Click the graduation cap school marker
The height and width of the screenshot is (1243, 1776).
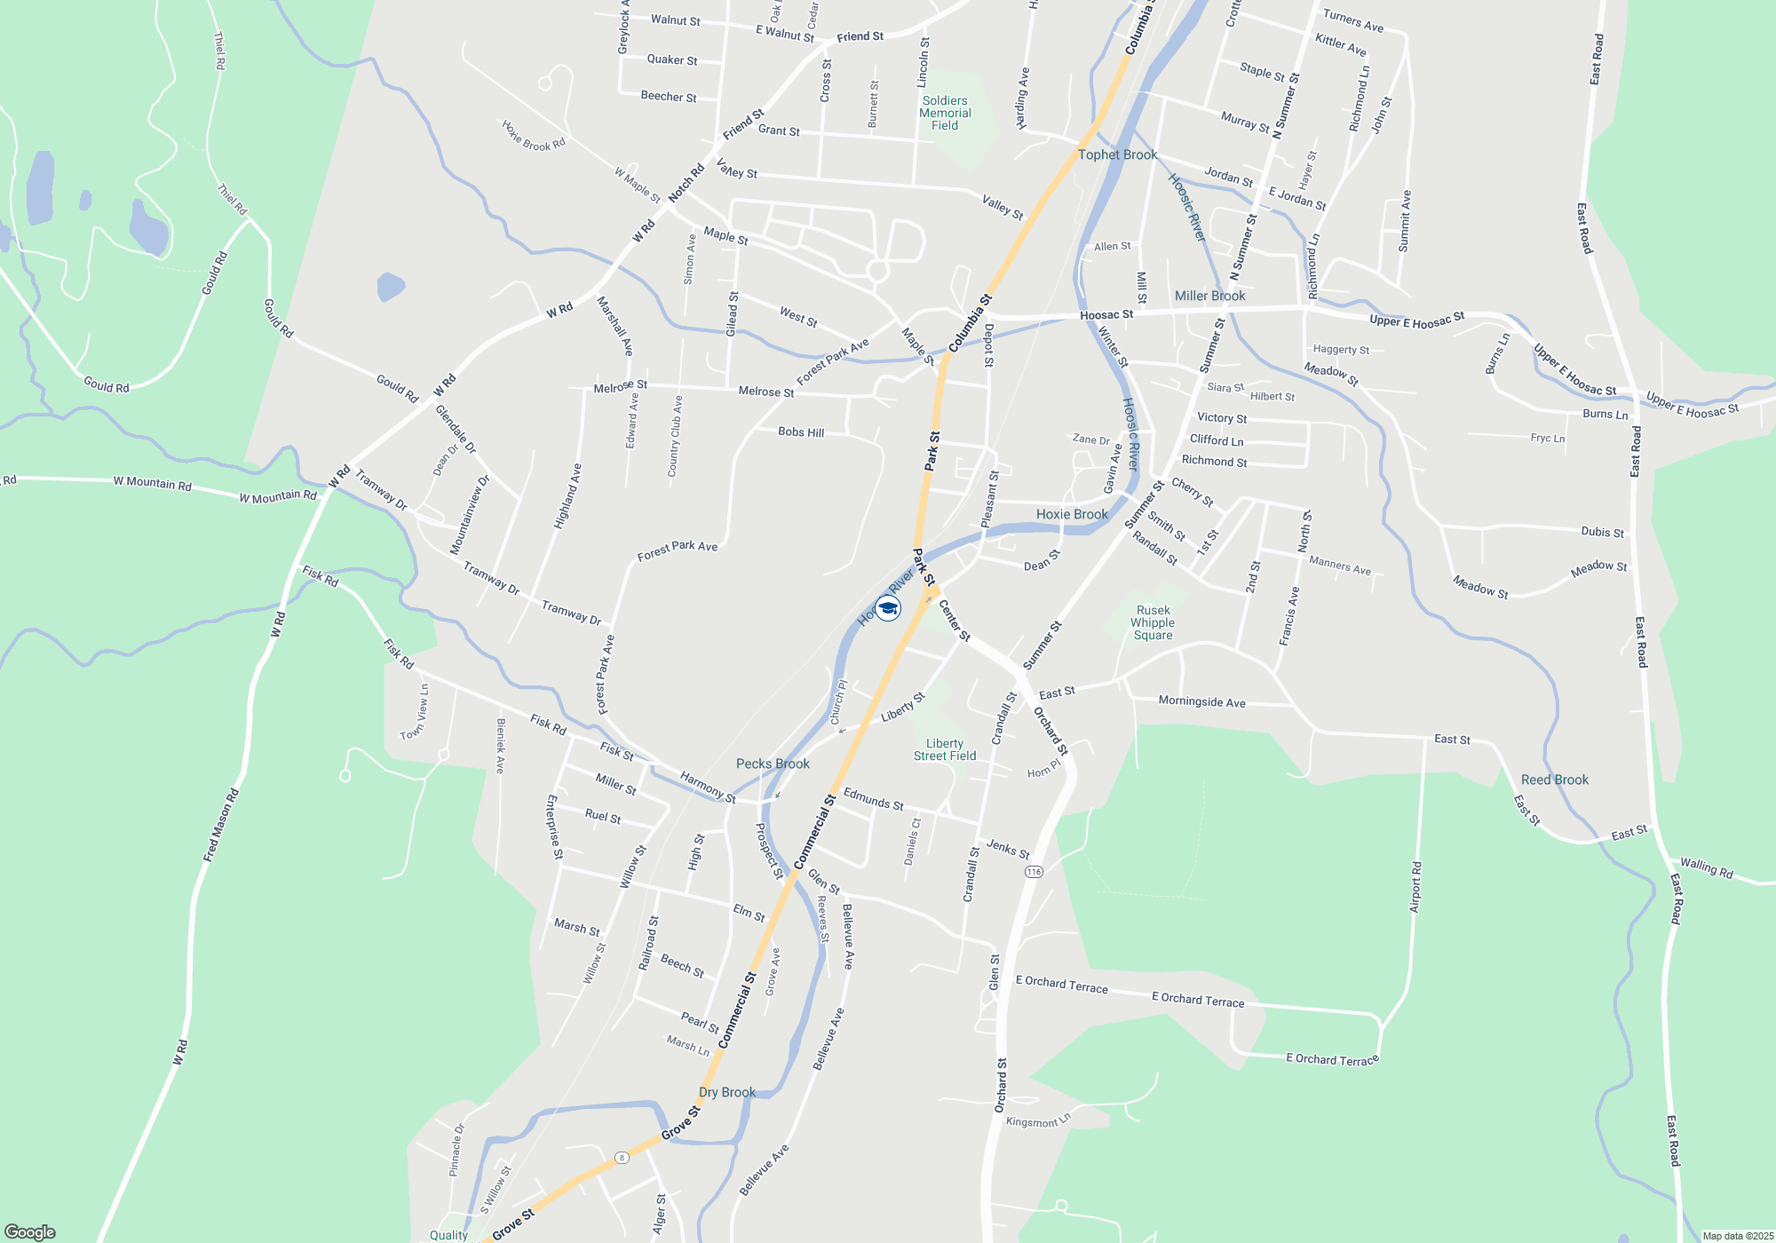888,608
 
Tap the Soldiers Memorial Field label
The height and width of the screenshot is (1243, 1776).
945,113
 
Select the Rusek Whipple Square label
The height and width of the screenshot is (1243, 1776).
1153,622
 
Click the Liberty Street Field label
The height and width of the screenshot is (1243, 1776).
945,749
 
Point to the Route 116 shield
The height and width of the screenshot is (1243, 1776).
1033,872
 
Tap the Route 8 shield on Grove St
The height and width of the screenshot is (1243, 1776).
622,1158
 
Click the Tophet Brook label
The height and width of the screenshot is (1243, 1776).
1117,154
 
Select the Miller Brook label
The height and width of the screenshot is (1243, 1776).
1209,296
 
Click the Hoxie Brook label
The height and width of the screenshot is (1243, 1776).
1072,514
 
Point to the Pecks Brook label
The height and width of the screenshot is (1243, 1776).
773,764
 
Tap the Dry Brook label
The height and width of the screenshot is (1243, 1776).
727,1092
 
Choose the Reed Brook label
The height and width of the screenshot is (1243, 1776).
1554,780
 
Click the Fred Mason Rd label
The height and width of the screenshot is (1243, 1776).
221,825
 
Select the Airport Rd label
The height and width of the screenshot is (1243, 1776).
1415,886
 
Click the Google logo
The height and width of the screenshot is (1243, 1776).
29,1231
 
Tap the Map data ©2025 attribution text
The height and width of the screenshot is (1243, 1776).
1738,1236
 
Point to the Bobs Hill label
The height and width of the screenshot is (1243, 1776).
801,432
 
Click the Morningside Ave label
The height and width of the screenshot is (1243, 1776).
1201,701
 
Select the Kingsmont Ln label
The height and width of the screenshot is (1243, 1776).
1038,1120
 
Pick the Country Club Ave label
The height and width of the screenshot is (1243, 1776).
675,436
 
